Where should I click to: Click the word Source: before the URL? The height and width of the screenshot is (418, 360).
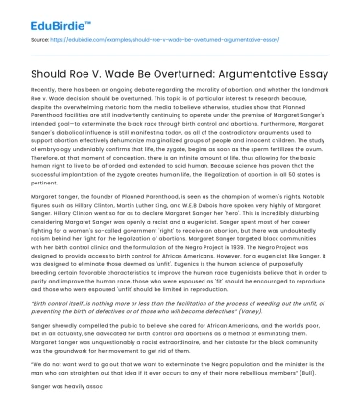click(42, 42)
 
